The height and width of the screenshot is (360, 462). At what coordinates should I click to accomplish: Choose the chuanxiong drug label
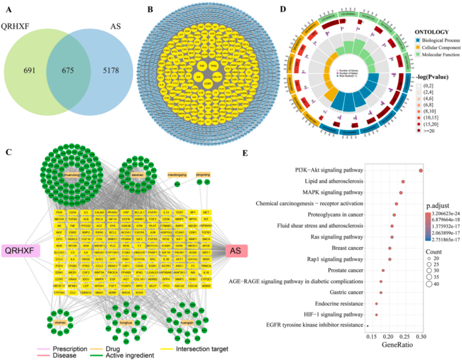pos(69,175)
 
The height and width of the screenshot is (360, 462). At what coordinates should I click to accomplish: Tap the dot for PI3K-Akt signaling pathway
pos(421,170)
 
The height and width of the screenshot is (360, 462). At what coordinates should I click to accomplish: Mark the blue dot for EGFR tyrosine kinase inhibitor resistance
pos(367,326)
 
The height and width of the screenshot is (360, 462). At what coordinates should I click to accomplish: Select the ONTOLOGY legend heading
pos(434,32)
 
